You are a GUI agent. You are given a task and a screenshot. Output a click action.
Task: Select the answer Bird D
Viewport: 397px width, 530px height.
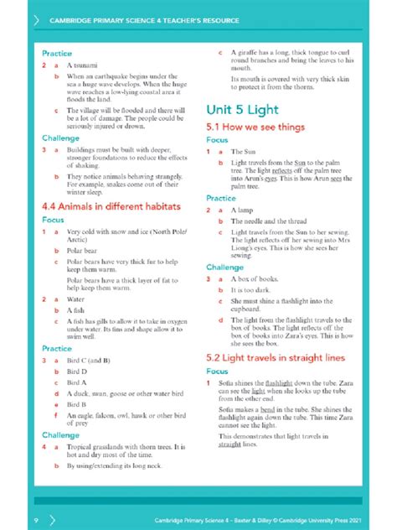(78, 370)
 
